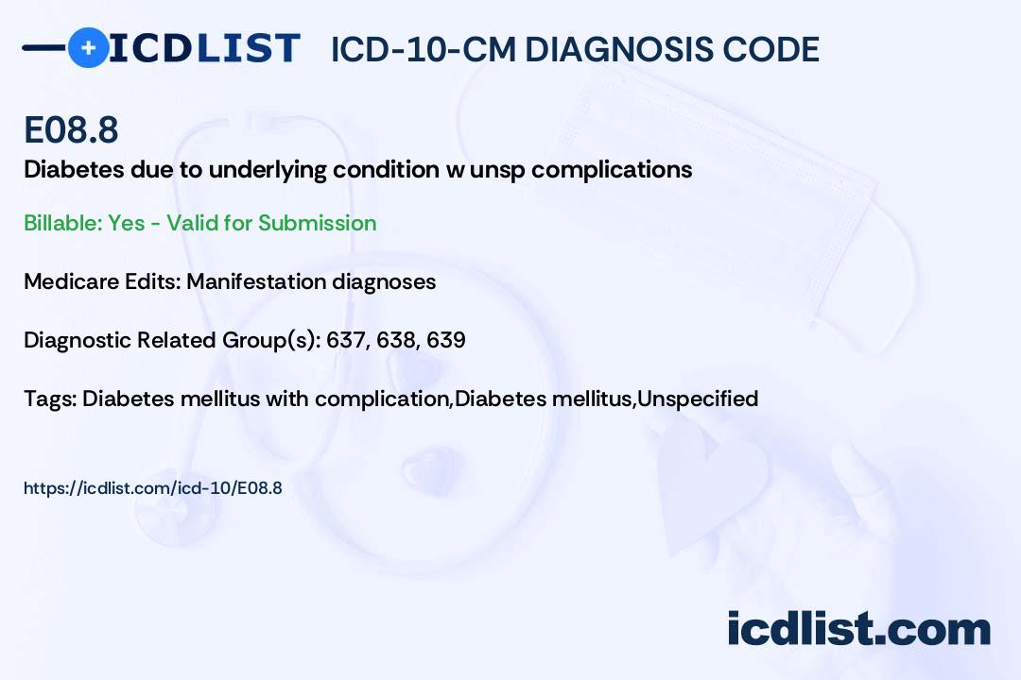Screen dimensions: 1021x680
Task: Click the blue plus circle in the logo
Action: [x=88, y=47]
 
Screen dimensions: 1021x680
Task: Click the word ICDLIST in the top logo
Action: [x=204, y=48]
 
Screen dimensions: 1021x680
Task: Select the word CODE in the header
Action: [x=759, y=49]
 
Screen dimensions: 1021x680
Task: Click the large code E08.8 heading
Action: [x=71, y=129]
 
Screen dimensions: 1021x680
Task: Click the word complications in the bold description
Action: [x=612, y=170]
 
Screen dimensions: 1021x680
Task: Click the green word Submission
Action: [x=317, y=223]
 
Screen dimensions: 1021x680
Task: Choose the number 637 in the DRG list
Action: [x=346, y=340]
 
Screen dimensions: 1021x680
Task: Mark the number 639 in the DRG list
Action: [x=446, y=340]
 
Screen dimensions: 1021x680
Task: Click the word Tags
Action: [x=50, y=399]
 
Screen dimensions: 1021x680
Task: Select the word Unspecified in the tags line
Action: [x=698, y=399]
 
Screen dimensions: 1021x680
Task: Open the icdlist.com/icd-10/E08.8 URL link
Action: [x=153, y=488]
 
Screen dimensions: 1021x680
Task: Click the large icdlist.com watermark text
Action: [x=858, y=628]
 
